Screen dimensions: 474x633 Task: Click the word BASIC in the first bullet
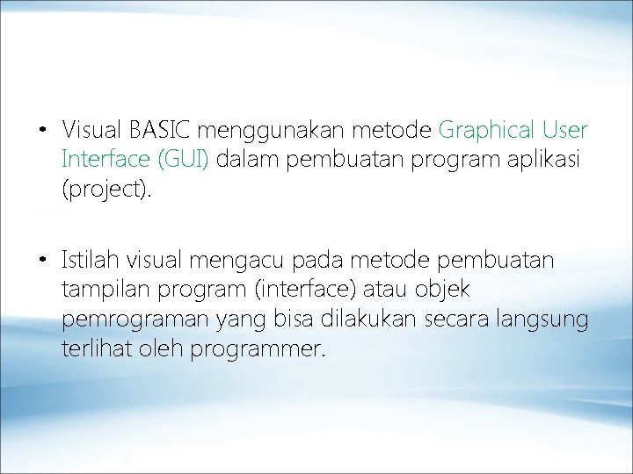coord(161,132)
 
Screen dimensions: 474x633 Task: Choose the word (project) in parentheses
coord(106,190)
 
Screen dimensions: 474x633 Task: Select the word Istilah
coord(91,261)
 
